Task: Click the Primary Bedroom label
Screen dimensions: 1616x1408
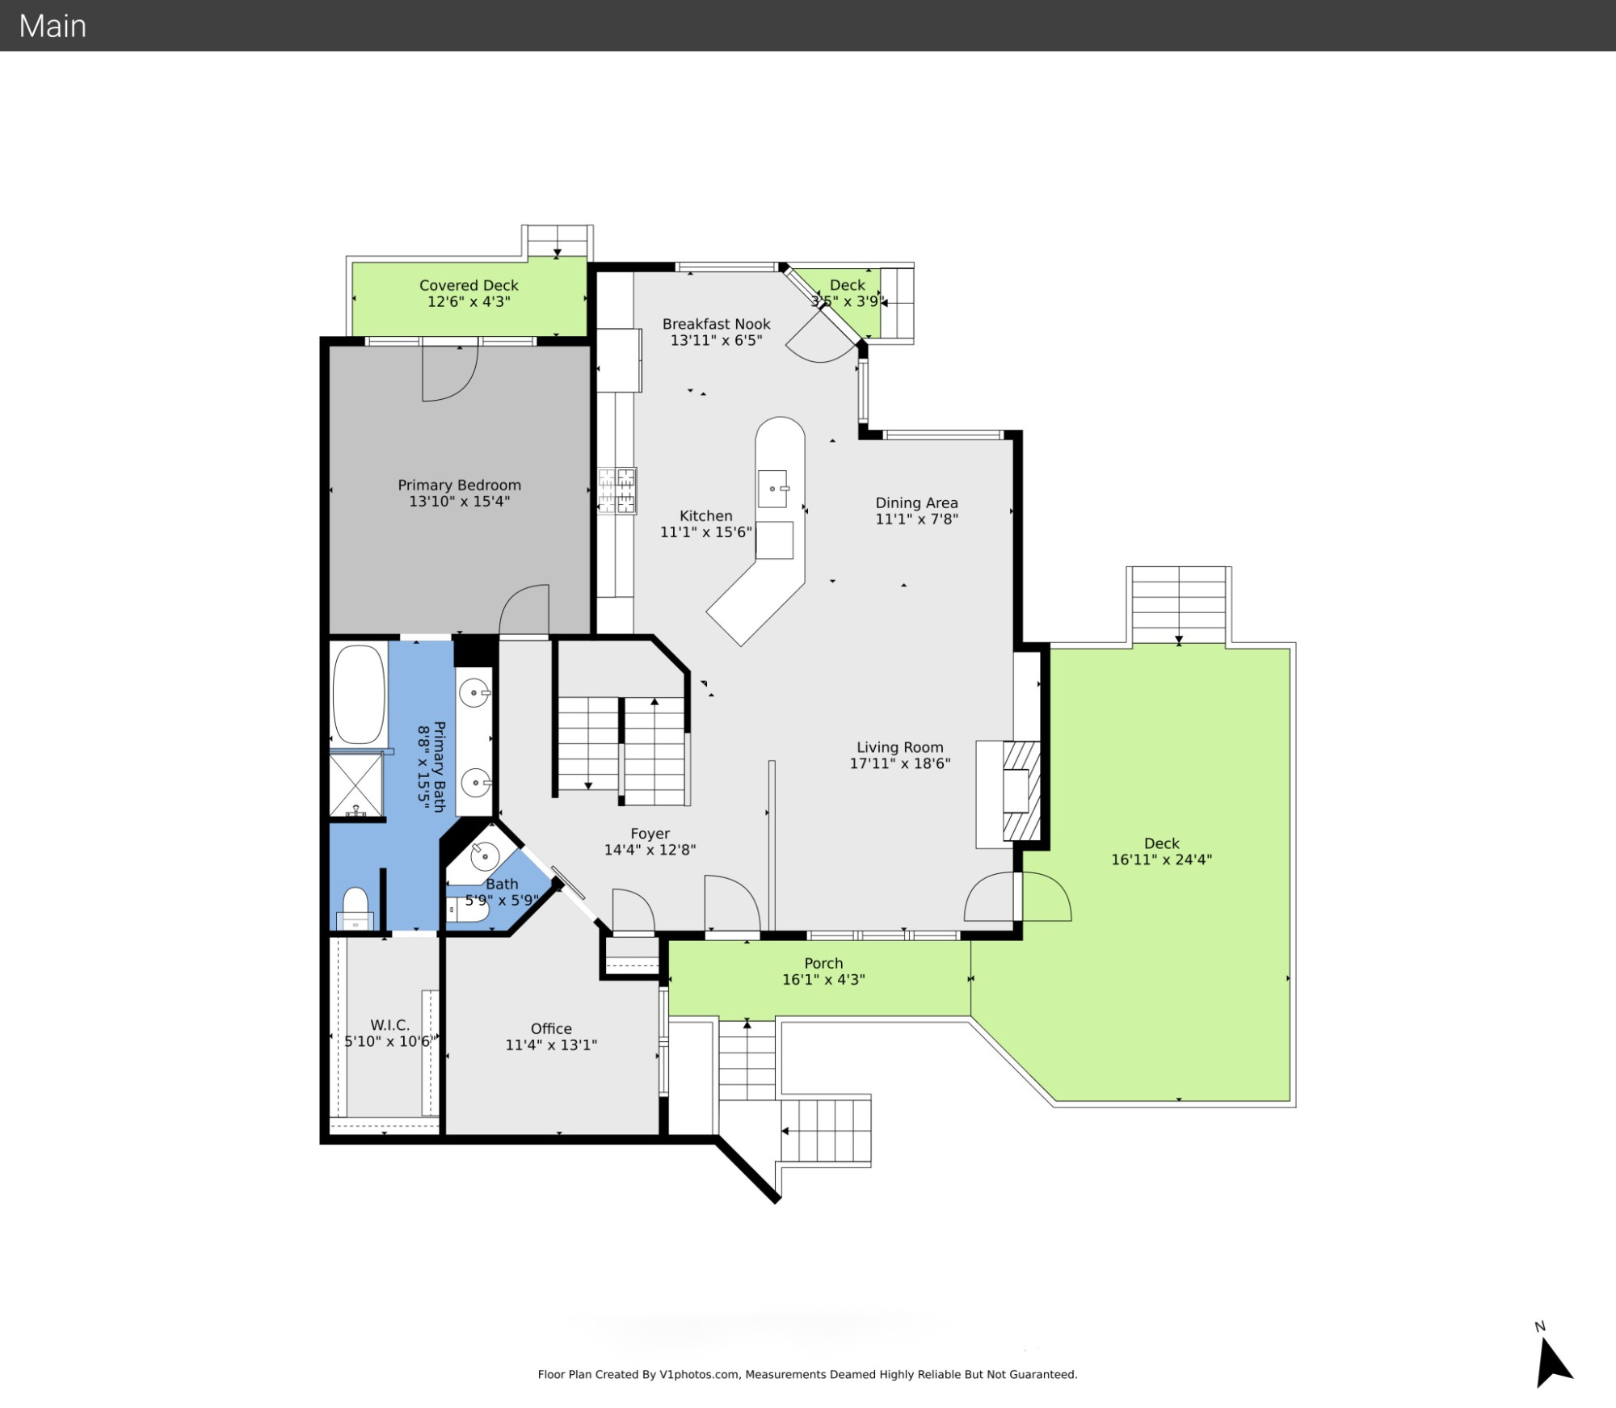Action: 459,485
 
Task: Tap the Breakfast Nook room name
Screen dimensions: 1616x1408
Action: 716,324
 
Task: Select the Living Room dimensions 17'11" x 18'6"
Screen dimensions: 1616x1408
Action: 899,763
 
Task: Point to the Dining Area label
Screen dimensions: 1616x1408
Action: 916,503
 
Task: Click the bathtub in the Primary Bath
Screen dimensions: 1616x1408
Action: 359,694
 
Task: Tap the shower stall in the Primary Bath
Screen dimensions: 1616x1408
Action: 356,784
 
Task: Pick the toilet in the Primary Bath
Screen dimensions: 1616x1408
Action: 356,910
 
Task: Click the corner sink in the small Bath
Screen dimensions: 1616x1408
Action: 485,853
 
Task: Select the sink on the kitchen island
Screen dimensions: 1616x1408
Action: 772,489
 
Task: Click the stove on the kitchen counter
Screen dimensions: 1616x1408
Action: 617,490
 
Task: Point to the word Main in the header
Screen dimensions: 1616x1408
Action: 53,26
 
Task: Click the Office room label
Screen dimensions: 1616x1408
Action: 551,1029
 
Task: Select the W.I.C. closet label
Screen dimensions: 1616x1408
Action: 389,1025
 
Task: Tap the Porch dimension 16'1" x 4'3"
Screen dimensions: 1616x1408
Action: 823,980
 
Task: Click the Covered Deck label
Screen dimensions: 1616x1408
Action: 469,285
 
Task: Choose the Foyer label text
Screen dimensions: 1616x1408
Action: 650,834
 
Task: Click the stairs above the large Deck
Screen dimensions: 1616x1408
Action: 1179,605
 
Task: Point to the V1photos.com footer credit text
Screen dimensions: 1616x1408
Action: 808,1374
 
